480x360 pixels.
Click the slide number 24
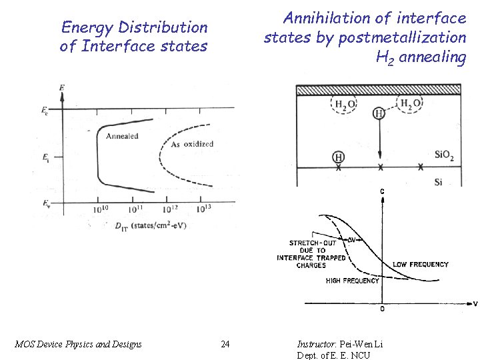click(x=225, y=344)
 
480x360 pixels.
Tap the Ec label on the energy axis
click(x=44, y=110)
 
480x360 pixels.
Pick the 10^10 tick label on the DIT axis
click(x=101, y=209)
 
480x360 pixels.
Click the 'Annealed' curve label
click(x=122, y=136)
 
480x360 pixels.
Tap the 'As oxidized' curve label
click(x=192, y=144)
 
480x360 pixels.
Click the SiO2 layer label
click(x=444, y=155)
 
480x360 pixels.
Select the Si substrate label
click(x=439, y=181)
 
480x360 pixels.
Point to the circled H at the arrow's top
click(x=379, y=113)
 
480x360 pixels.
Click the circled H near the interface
click(x=339, y=157)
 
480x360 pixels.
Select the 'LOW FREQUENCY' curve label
click(x=421, y=265)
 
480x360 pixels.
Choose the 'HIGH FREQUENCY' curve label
click(x=352, y=281)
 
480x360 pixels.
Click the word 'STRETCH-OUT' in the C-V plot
click(x=313, y=243)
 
